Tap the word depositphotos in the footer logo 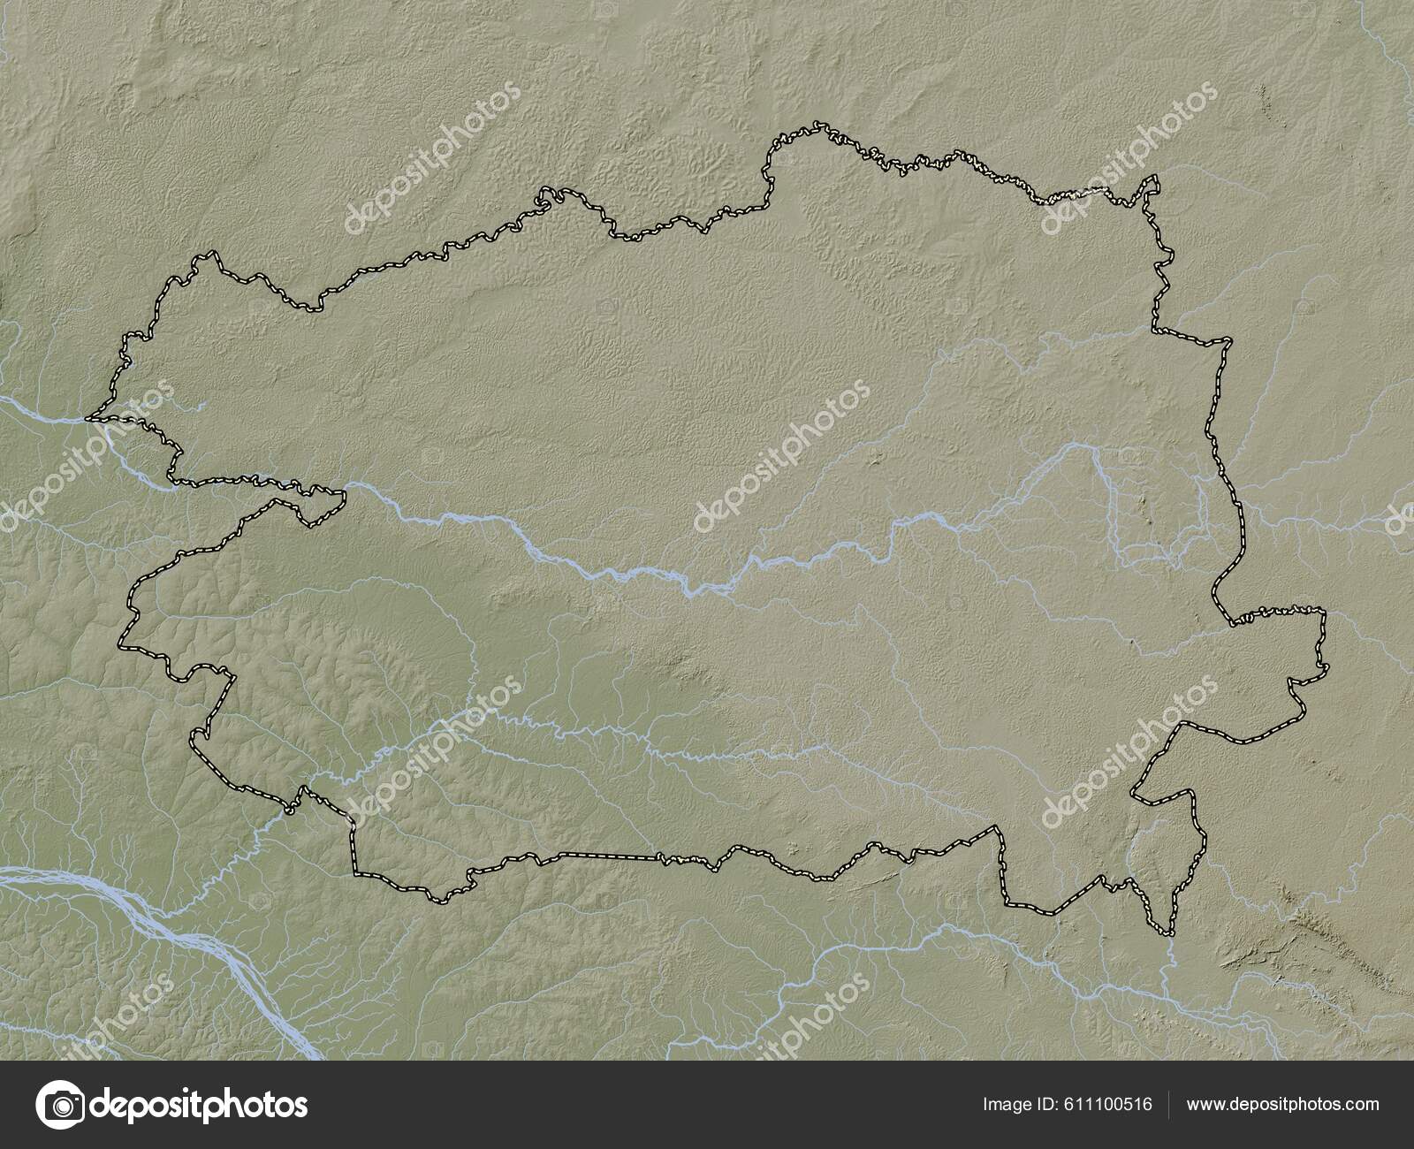[201, 1105]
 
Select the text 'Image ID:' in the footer [1016, 1104]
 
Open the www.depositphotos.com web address [1282, 1104]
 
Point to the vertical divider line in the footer [1169, 1104]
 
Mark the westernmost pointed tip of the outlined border [87, 418]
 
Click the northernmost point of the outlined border [818, 123]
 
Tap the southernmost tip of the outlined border [1168, 933]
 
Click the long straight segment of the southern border [610, 856]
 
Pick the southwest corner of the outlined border [355, 873]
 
